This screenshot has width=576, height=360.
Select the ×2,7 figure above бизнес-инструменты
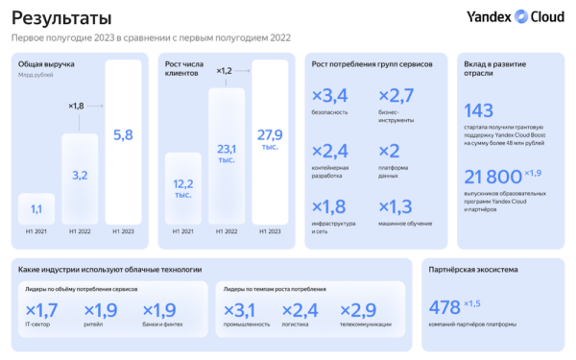point(397,94)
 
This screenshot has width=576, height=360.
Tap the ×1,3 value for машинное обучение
point(397,207)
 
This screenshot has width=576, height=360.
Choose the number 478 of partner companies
point(444,307)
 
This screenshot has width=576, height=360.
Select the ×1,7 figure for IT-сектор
point(42,310)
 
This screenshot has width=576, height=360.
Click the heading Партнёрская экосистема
point(471,269)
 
